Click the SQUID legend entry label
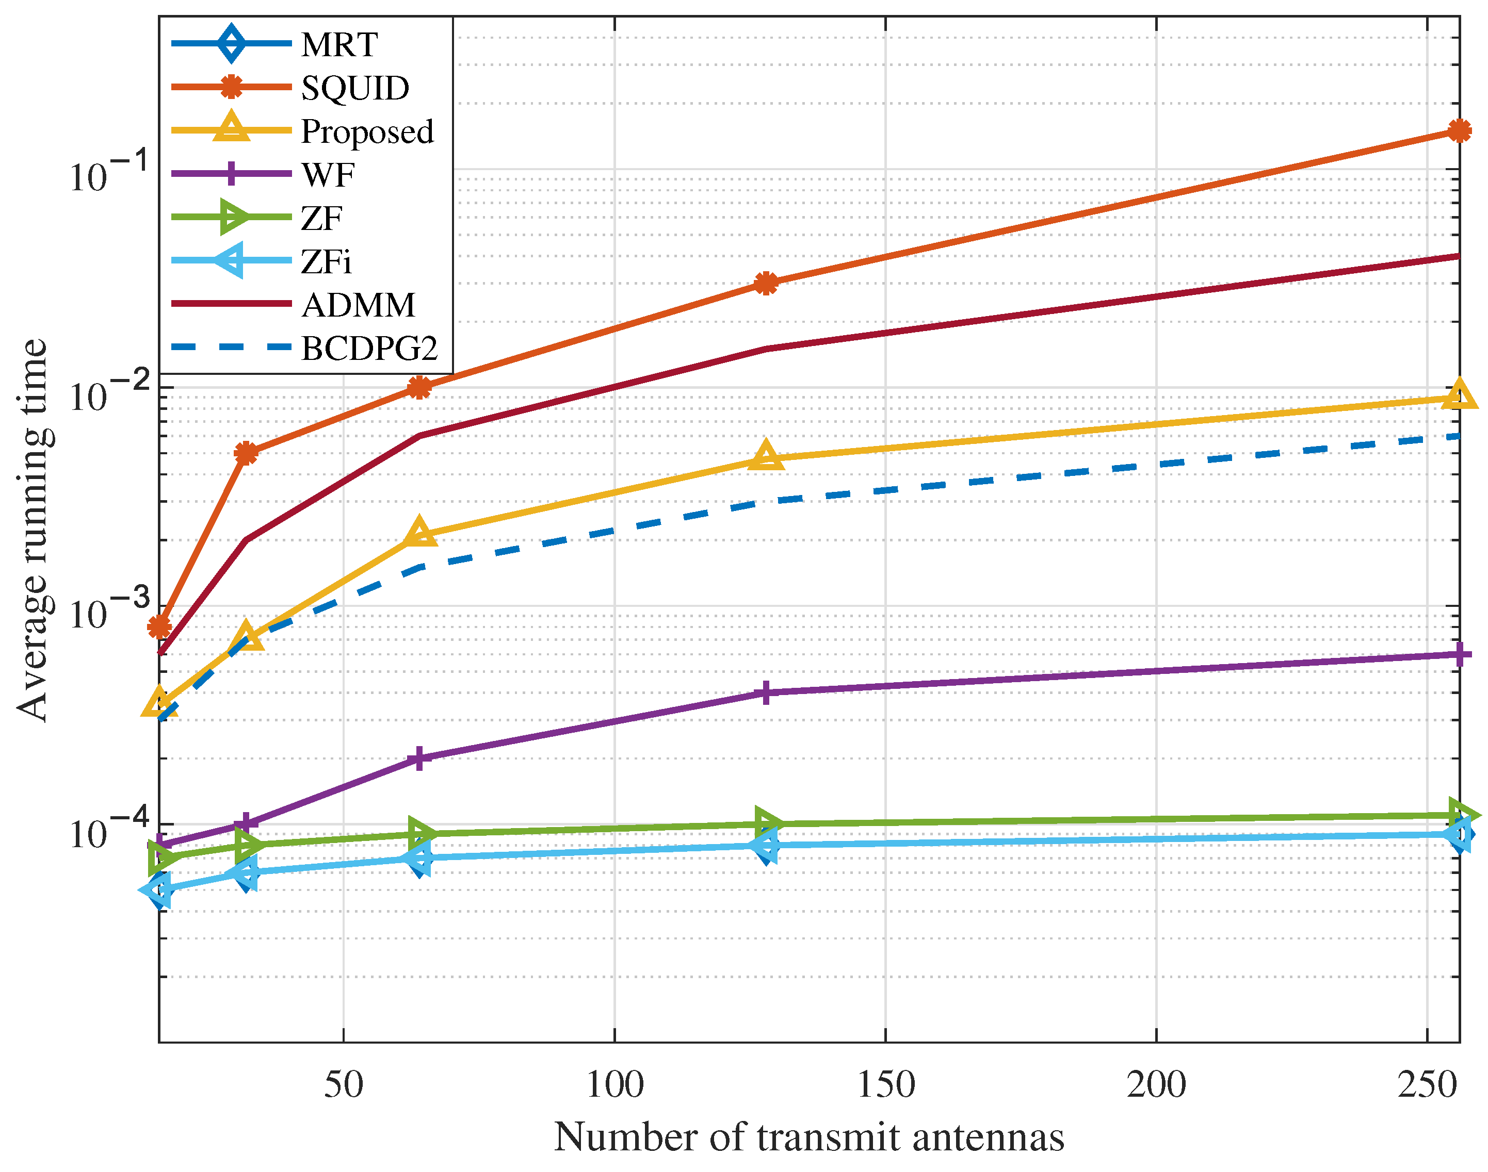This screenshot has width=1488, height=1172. (354, 88)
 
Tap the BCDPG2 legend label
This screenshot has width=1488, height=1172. (369, 349)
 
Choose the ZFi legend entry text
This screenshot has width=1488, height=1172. (326, 261)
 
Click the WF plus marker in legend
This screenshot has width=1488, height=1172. (232, 174)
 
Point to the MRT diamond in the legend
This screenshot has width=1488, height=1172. (232, 44)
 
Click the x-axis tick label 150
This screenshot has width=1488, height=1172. (885, 1085)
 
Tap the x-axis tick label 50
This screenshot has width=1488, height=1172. (343, 1085)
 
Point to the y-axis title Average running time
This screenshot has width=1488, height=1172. (33, 530)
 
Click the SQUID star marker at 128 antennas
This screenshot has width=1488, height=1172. (766, 283)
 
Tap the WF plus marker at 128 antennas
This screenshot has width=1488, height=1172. (766, 692)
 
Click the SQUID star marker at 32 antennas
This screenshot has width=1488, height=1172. (246, 453)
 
